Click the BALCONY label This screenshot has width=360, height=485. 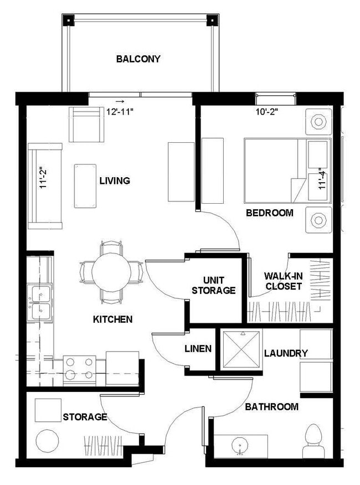coord(138,59)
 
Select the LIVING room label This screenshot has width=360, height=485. coord(115,180)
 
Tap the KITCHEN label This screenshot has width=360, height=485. coord(112,319)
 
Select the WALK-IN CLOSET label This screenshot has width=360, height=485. coord(282,281)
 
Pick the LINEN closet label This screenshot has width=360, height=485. coord(198,348)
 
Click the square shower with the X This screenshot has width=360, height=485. coord(240,349)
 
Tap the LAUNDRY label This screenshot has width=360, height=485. coord(286,353)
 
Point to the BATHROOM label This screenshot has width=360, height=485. coord(271,407)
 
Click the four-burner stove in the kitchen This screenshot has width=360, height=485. coord(79,369)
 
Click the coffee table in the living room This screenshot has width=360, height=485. coord(85,185)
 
